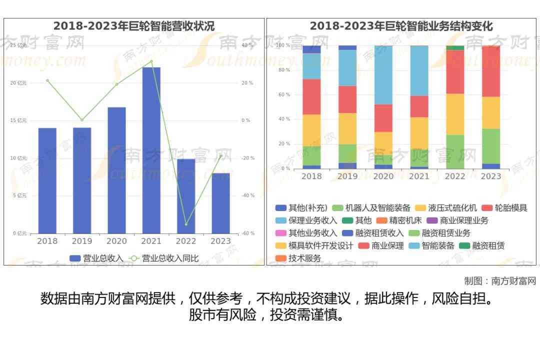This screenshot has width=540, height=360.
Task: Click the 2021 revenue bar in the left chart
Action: click(151, 150)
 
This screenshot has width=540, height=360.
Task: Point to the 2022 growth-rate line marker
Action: click(186, 224)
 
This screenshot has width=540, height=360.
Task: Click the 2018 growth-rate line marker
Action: click(47, 80)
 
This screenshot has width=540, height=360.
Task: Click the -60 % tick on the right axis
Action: click(247, 233)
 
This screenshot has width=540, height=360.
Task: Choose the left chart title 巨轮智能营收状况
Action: click(134, 26)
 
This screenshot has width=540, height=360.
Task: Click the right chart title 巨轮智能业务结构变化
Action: click(401, 26)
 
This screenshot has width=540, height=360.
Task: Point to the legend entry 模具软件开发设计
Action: click(314, 246)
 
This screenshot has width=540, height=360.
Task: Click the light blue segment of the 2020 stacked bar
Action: click(383, 75)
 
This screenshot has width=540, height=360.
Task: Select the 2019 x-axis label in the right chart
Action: click(347, 176)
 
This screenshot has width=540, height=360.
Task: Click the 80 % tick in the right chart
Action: click(284, 70)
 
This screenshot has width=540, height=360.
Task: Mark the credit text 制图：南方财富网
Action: click(500, 281)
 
